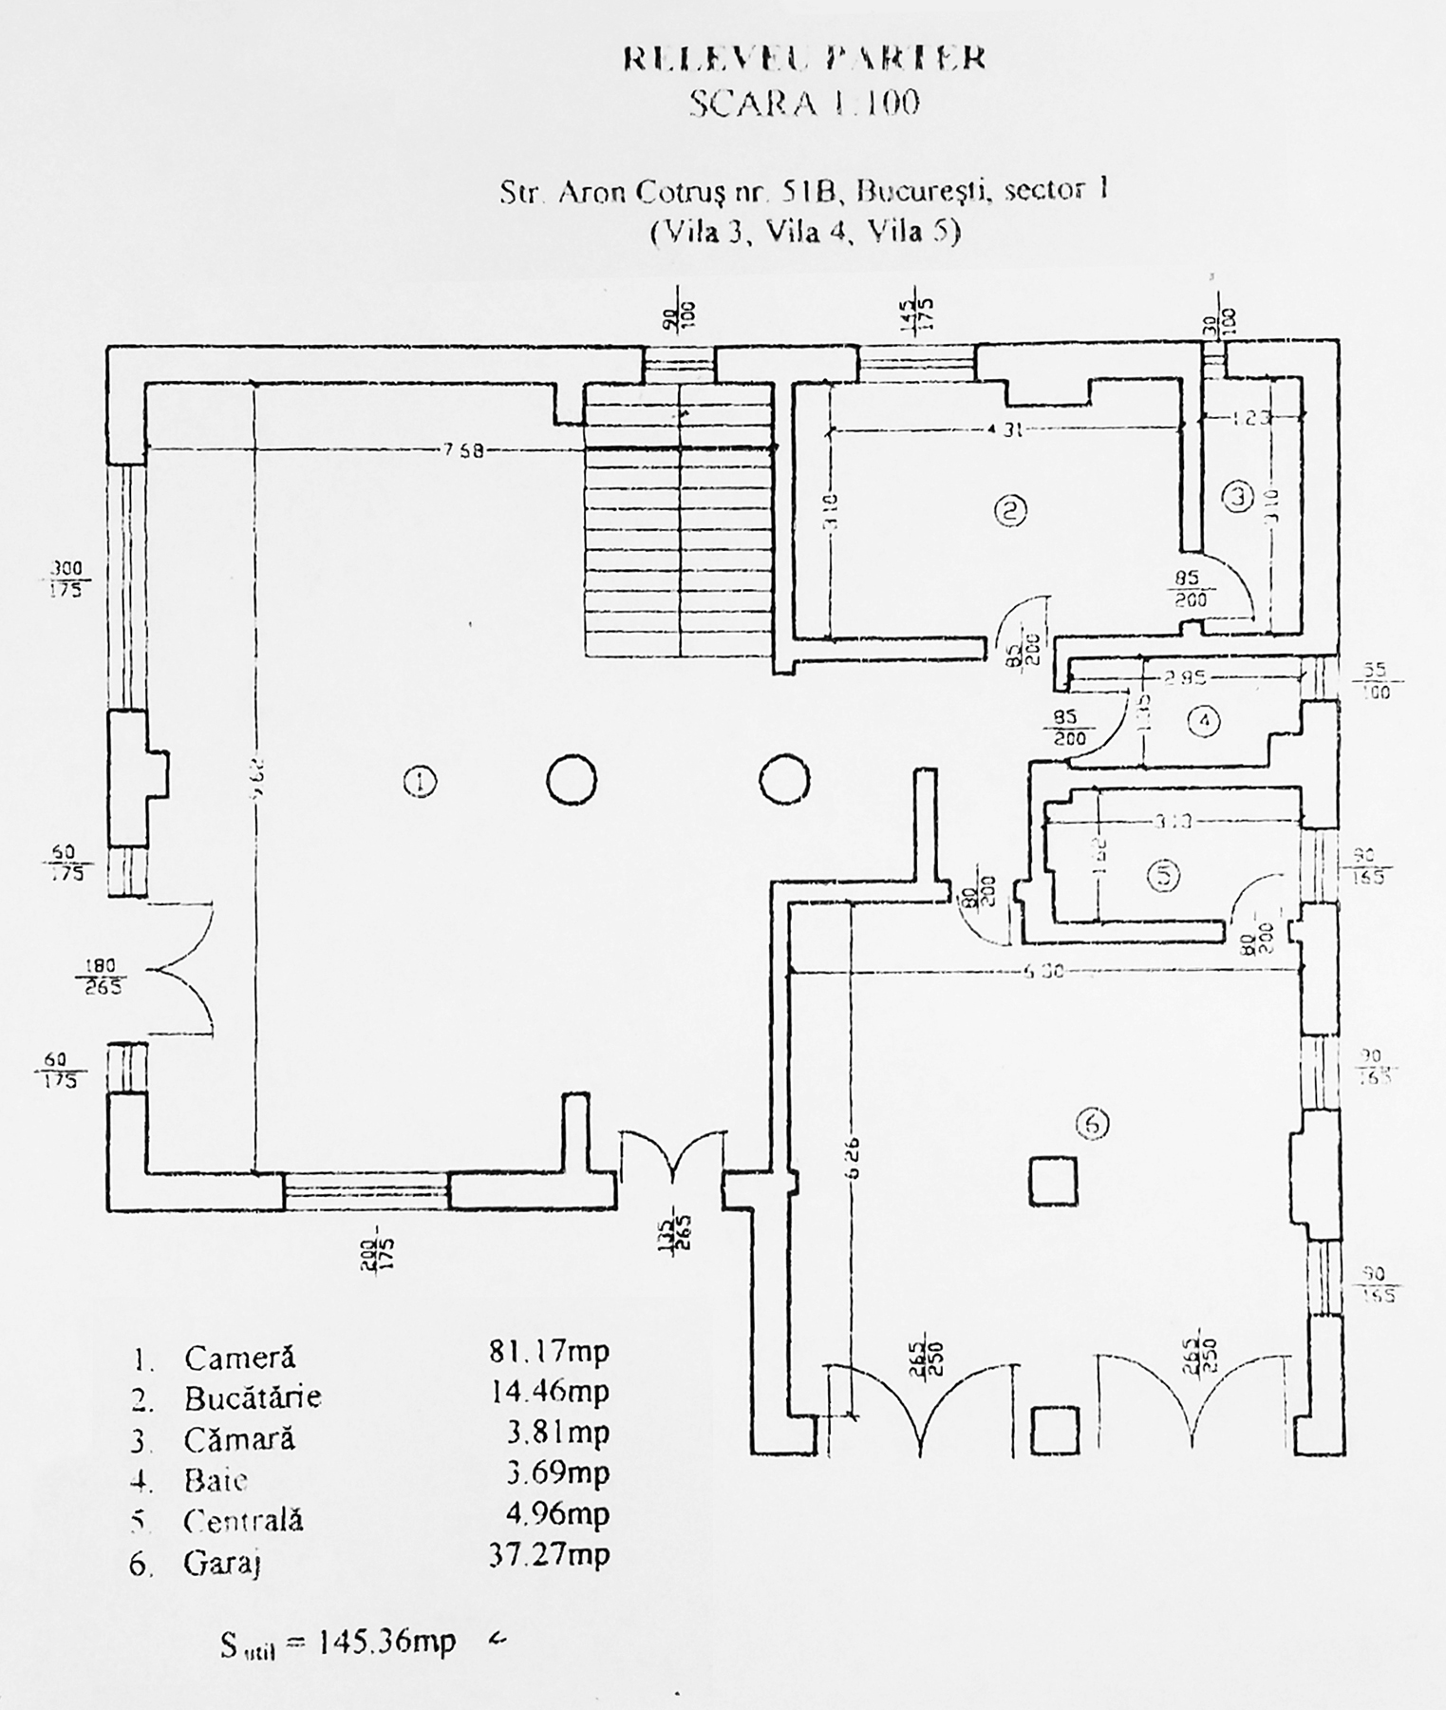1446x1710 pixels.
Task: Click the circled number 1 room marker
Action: click(x=419, y=782)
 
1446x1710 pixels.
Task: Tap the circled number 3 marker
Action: click(x=1237, y=496)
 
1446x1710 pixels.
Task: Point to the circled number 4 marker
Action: click(x=1204, y=722)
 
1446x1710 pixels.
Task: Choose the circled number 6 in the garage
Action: click(x=1093, y=1124)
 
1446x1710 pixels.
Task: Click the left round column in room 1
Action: click(x=572, y=781)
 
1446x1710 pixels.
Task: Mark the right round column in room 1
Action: click(x=784, y=781)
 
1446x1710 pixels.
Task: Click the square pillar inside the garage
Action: click(x=1053, y=1181)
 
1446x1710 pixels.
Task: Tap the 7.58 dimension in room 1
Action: click(x=462, y=450)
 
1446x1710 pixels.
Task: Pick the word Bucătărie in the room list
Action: click(x=253, y=1397)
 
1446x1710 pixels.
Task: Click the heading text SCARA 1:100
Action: click(x=804, y=103)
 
